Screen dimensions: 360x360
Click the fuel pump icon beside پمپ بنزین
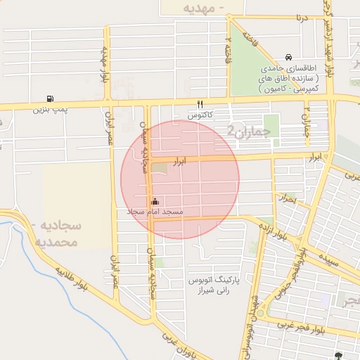[x=49, y=98]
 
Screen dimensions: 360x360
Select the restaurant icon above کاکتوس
[x=200, y=103]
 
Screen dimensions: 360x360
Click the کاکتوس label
[x=201, y=114]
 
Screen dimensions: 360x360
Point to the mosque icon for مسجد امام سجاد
[x=155, y=201]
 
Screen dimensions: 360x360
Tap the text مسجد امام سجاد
[x=155, y=212]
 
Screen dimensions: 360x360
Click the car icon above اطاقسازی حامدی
[x=288, y=58]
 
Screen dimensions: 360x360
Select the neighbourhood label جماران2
[x=243, y=130]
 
